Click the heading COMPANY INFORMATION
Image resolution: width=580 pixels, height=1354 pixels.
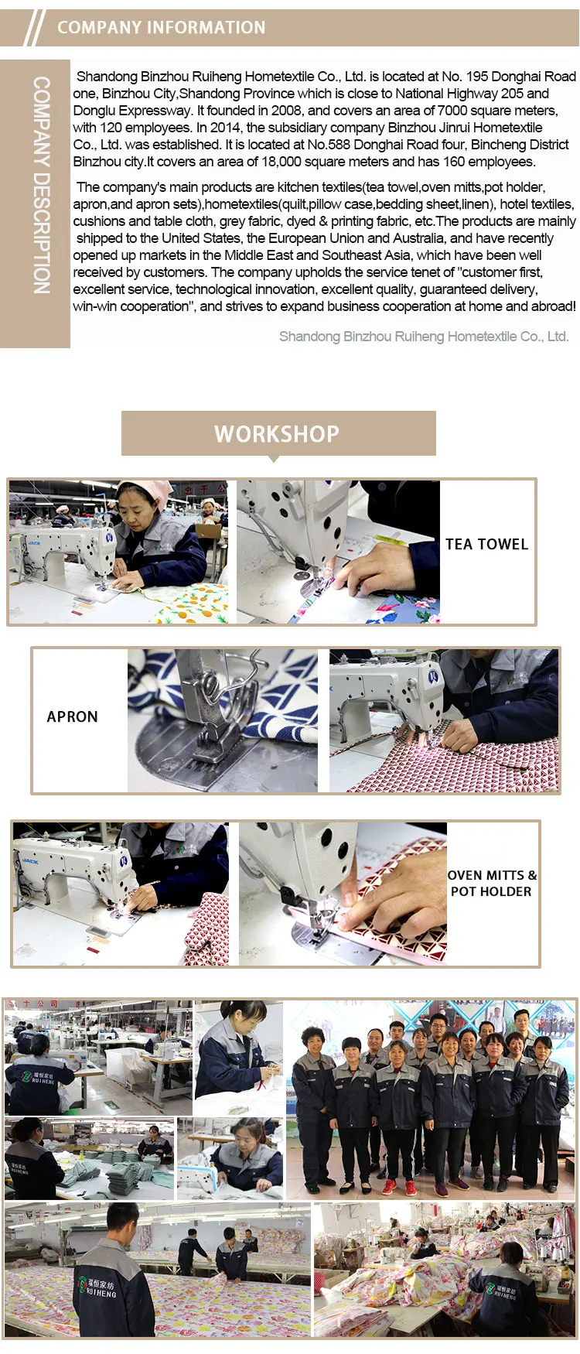161,28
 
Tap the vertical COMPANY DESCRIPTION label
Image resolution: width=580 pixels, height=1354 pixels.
42,185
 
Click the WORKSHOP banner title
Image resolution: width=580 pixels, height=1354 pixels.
277,434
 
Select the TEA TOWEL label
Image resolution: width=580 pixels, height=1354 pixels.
486,545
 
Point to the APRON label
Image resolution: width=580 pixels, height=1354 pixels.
73,717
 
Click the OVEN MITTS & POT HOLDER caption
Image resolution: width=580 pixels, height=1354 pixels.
492,884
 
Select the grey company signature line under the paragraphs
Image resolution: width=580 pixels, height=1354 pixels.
424,337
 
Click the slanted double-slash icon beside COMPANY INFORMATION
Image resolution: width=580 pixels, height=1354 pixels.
34,29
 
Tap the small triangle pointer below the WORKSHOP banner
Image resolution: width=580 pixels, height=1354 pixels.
273,459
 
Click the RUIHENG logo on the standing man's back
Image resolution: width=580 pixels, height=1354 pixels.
97,1288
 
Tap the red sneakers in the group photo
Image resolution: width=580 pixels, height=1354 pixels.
400,1187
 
